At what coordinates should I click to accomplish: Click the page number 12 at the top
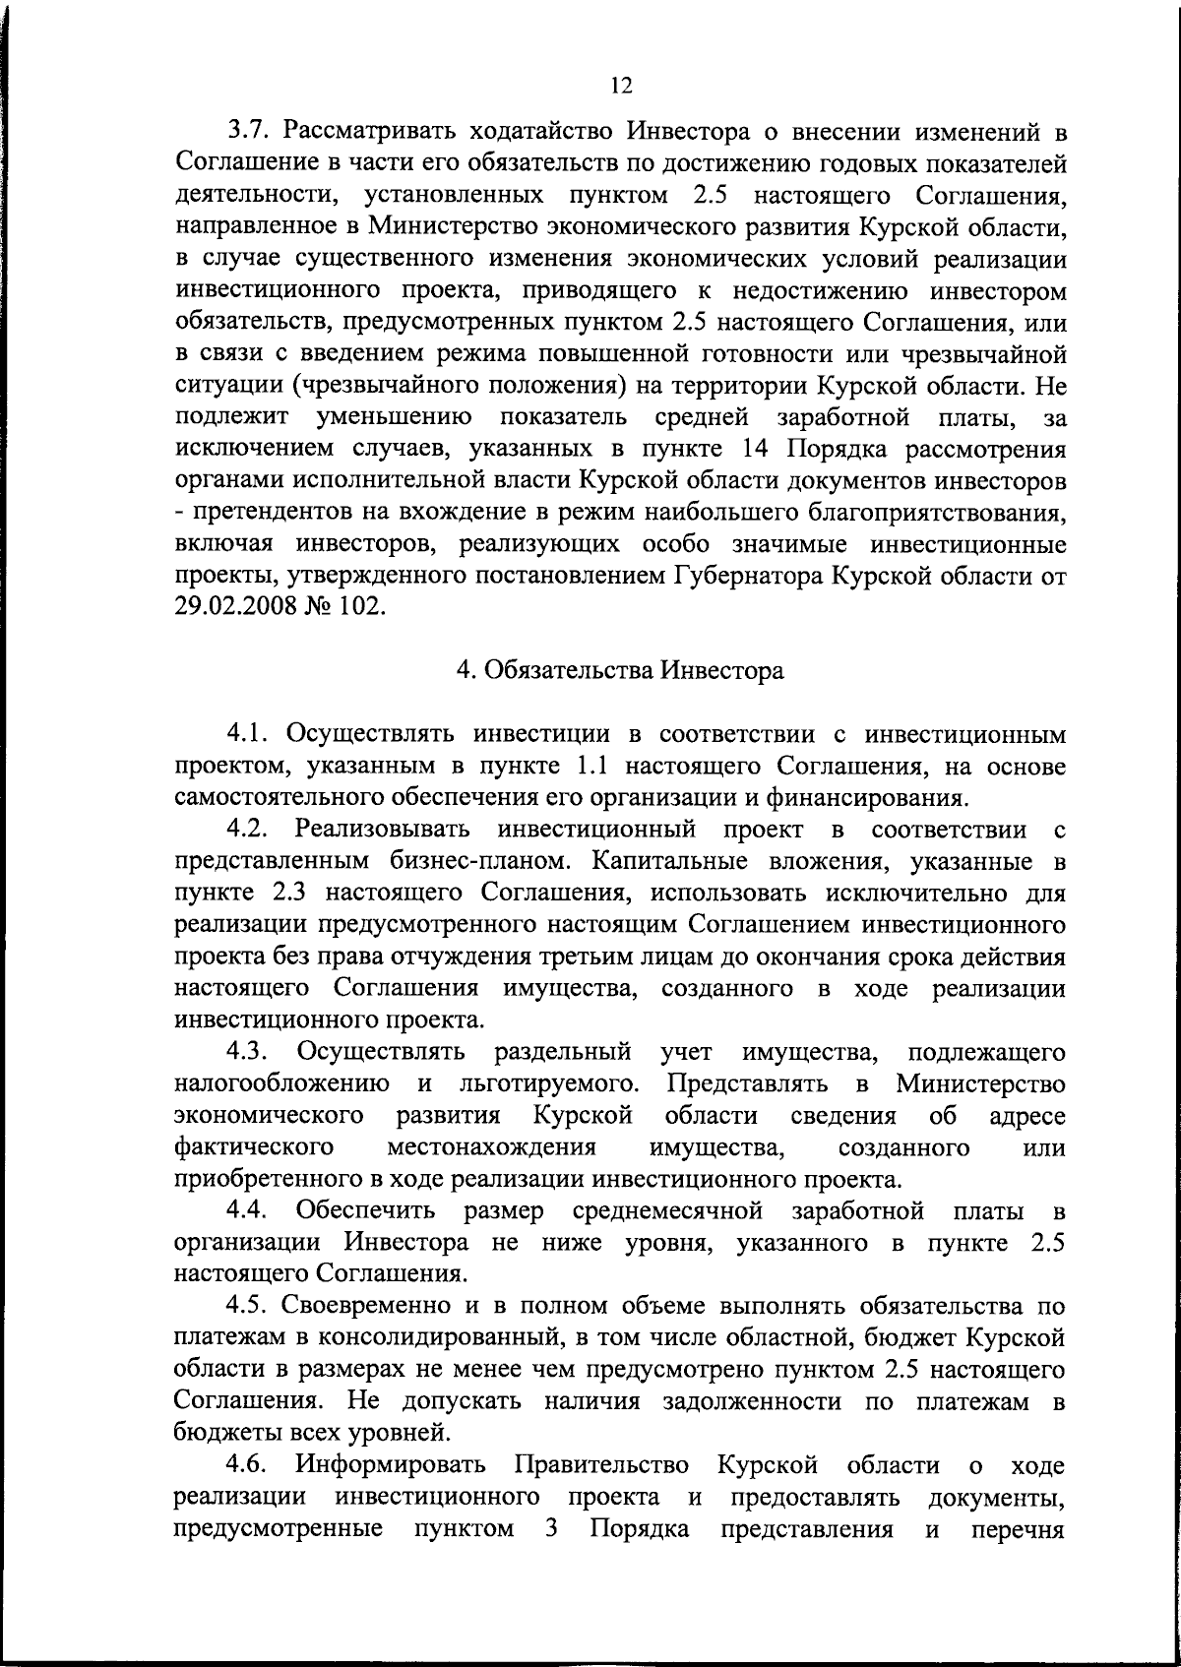[620, 85]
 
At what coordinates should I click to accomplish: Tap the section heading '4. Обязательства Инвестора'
[620, 671]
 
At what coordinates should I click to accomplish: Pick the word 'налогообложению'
[280, 1084]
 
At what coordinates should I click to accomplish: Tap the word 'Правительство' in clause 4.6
[602, 1465]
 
